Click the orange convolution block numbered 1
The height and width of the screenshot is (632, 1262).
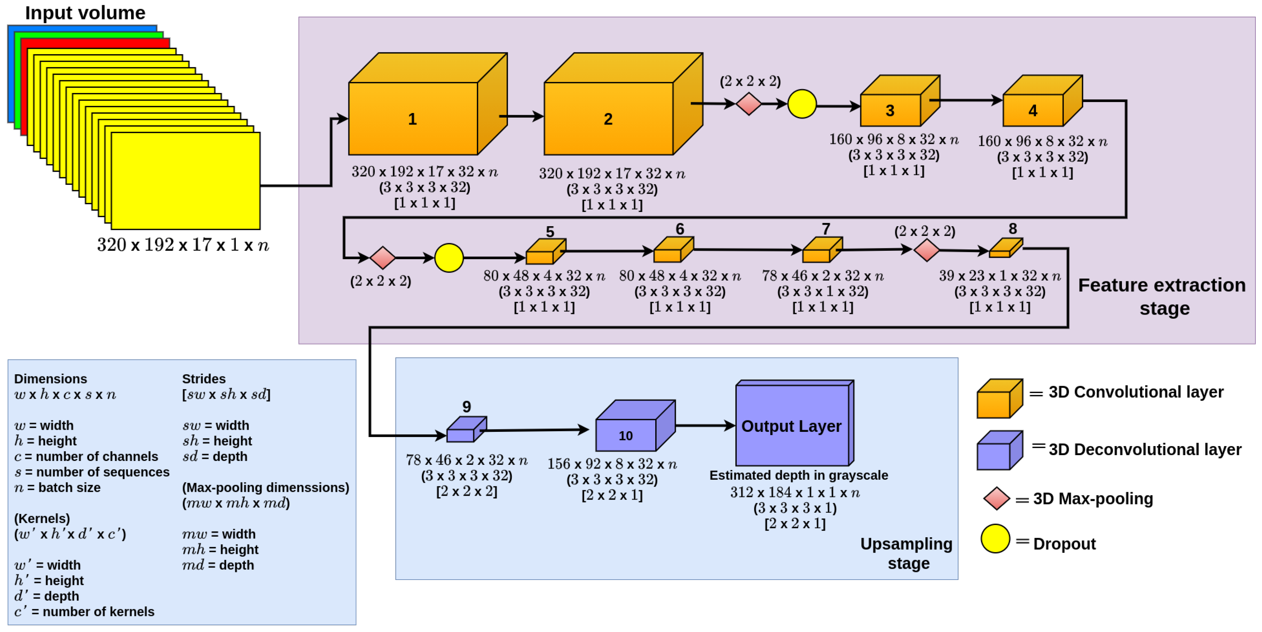(x=413, y=118)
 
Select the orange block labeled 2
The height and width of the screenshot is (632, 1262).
(x=608, y=118)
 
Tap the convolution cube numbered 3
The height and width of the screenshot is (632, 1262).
(x=890, y=110)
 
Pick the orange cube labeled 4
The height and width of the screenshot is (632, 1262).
(x=1033, y=110)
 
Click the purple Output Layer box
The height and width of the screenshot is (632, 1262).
(x=792, y=425)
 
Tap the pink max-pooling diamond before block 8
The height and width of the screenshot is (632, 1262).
(x=926, y=250)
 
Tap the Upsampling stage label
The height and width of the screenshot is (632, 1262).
(x=907, y=553)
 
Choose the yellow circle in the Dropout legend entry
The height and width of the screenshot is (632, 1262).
(x=995, y=538)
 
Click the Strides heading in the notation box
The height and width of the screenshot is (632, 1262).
(x=204, y=378)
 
